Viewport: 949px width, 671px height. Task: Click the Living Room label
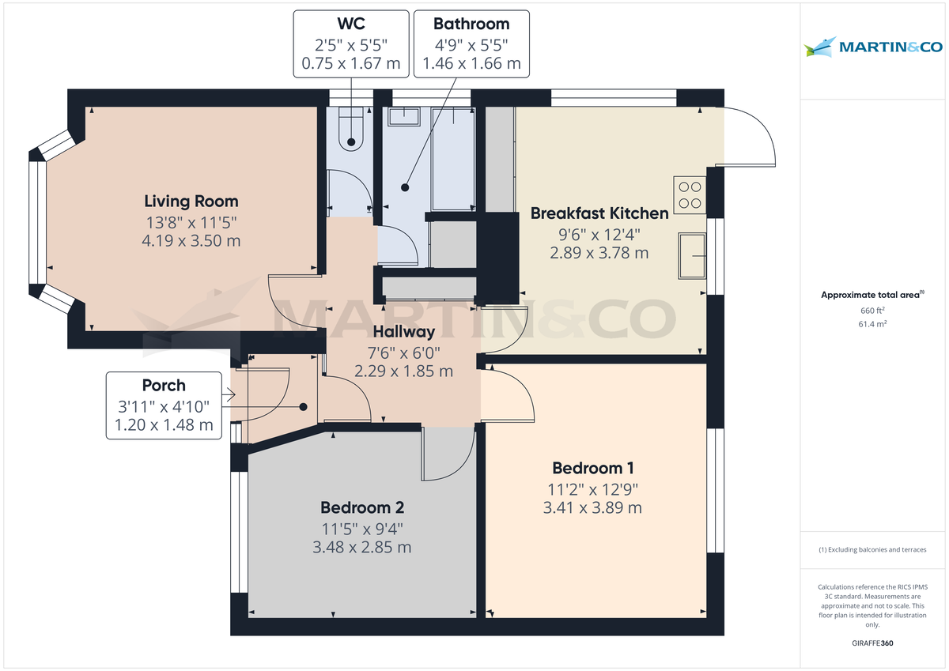point(191,202)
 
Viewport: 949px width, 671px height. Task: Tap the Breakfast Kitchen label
point(599,213)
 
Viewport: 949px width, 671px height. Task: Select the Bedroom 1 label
point(592,468)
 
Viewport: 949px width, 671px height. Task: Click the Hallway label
point(404,332)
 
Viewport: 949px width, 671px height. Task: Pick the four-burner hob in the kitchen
point(689,194)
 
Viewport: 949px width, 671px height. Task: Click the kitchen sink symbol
point(693,256)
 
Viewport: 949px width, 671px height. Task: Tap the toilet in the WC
point(350,130)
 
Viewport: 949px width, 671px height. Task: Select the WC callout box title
point(350,24)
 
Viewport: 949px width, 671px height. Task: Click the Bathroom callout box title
point(471,24)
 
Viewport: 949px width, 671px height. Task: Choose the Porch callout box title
point(164,386)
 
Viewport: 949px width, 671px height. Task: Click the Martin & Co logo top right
point(874,47)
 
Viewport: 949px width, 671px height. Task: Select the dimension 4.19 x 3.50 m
point(191,240)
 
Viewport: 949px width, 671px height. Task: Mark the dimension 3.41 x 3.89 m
point(592,507)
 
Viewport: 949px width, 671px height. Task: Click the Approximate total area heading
point(872,295)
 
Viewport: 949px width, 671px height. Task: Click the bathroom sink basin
point(405,116)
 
